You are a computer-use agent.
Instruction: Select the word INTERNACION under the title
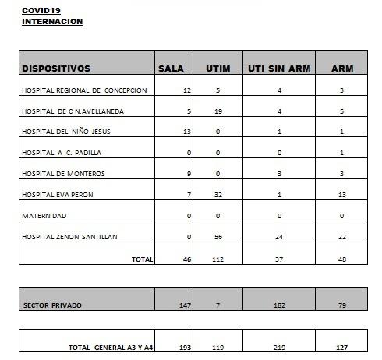[51, 21]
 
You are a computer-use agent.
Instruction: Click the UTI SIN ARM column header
[279, 69]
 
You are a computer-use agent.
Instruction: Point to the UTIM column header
[218, 69]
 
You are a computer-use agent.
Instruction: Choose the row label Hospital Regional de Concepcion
[84, 90]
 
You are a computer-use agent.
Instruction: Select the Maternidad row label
[44, 215]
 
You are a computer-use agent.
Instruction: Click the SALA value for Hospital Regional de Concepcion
[186, 90]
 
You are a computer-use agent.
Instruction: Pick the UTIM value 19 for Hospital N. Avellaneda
[218, 111]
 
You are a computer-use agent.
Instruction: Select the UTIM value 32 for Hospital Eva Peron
[218, 194]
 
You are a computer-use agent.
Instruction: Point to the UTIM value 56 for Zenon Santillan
[218, 236]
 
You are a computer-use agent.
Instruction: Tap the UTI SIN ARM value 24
[279, 236]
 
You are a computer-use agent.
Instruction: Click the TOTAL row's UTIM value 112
[218, 259]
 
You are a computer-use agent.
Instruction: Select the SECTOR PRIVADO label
[51, 305]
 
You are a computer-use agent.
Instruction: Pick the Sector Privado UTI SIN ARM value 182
[279, 305]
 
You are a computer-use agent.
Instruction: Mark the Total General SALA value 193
[185, 347]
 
